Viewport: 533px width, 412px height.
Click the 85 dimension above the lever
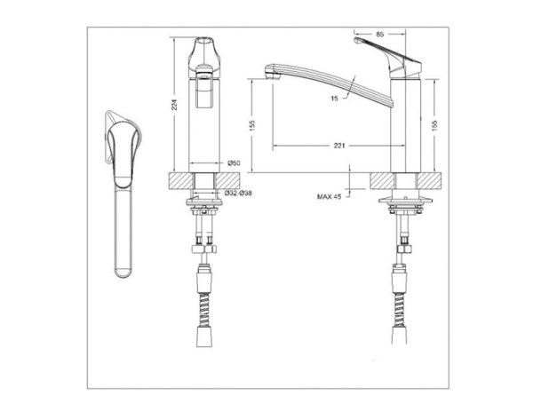click(379, 35)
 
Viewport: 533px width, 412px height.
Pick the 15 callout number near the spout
click(334, 100)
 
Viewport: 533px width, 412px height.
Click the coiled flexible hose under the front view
click(205, 293)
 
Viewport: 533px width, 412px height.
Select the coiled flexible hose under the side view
click(401, 293)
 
